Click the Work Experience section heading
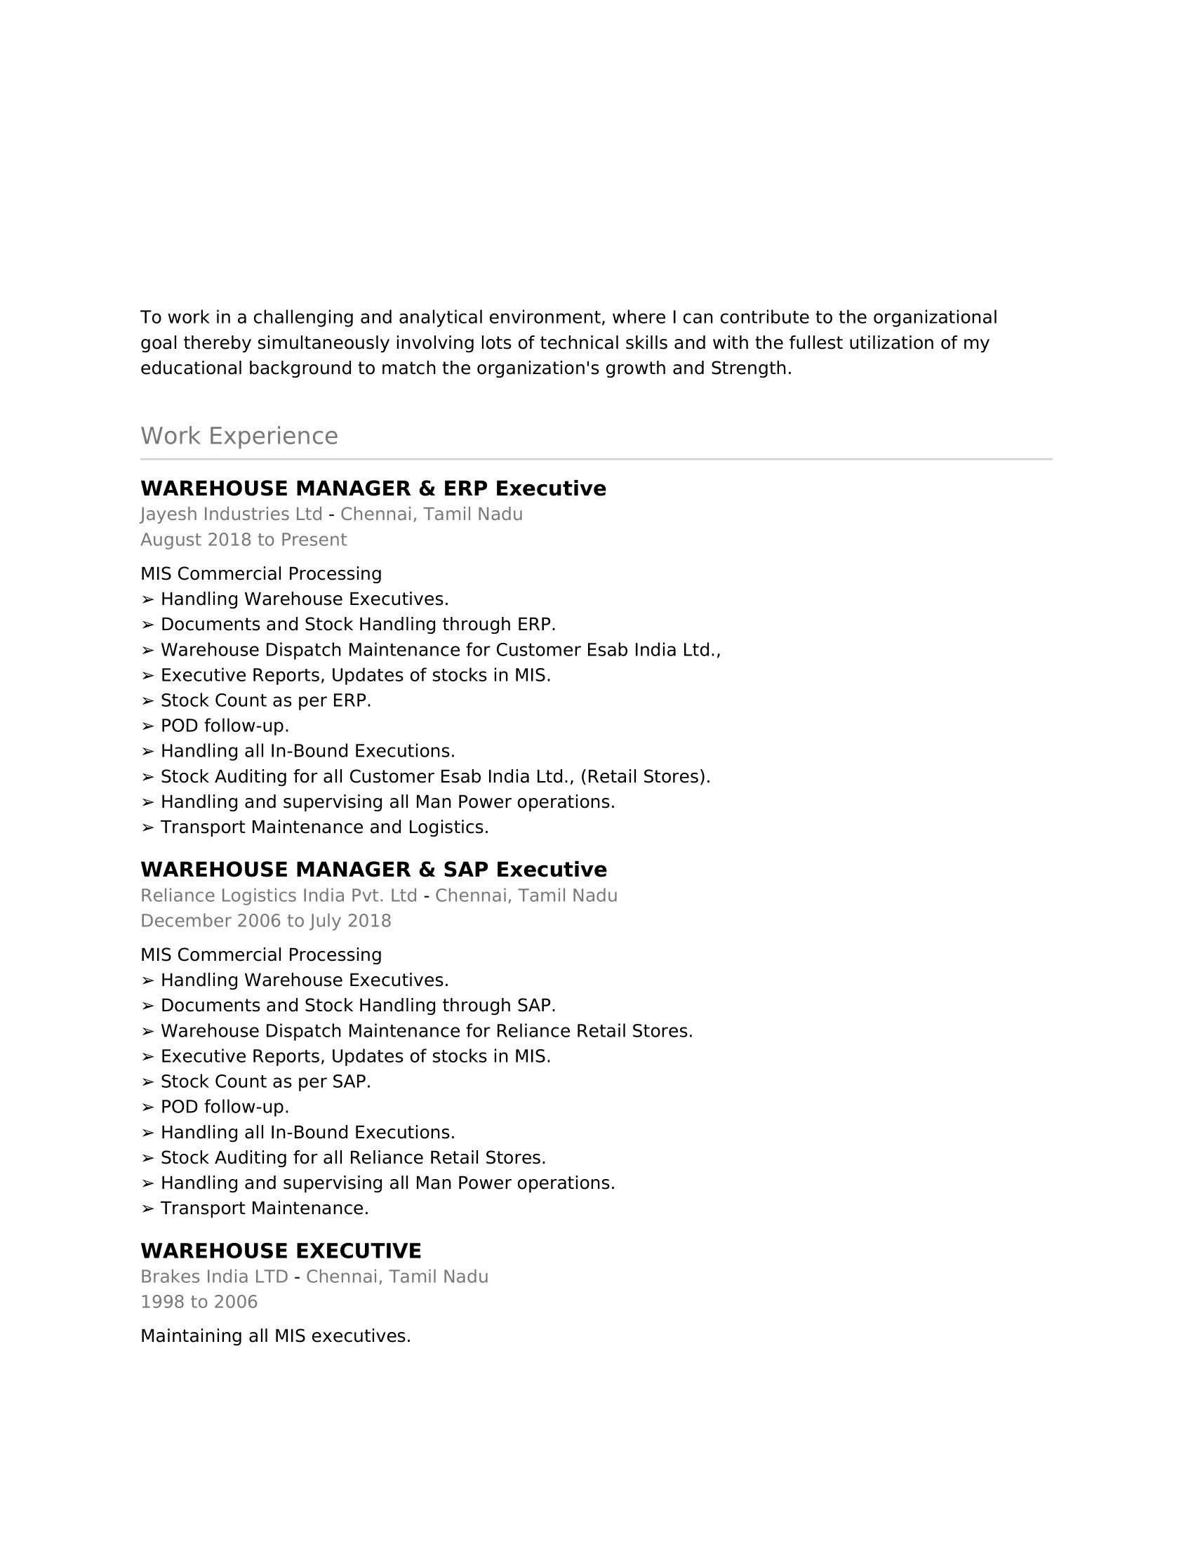pyautogui.click(x=239, y=436)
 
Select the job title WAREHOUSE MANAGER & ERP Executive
pyautogui.click(x=373, y=488)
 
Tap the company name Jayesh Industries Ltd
pyautogui.click(x=231, y=514)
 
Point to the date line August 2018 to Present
pyautogui.click(x=243, y=540)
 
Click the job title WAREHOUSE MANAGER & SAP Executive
pyautogui.click(x=373, y=870)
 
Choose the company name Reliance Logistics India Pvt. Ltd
pyautogui.click(x=279, y=896)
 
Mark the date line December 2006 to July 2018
pyautogui.click(x=266, y=921)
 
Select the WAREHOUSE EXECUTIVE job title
pyautogui.click(x=281, y=1251)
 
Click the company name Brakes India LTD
pyautogui.click(x=214, y=1277)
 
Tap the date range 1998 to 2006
pyautogui.click(x=199, y=1301)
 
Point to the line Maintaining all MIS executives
pyautogui.click(x=276, y=1336)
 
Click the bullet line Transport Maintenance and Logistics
pyautogui.click(x=324, y=827)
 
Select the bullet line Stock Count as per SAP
pyautogui.click(x=265, y=1082)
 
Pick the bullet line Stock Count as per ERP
pyautogui.click(x=265, y=700)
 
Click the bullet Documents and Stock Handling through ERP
pyautogui.click(x=358, y=624)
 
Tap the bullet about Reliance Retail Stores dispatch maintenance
pyautogui.click(x=426, y=1031)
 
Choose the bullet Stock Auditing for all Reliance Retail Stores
pyautogui.click(x=353, y=1157)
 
